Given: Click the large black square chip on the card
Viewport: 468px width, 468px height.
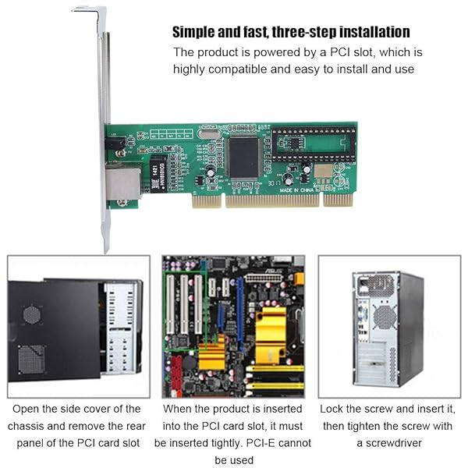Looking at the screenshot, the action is [243, 158].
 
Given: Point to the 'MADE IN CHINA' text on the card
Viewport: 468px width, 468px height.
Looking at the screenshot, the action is [296, 190].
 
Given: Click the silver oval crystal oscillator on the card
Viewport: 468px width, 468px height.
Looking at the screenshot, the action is [209, 134].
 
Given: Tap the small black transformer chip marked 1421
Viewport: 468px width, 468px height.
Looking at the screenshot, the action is [158, 174].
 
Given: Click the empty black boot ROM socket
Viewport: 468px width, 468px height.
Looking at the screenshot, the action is [314, 144].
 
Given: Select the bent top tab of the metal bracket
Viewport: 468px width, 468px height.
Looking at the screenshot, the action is [89, 10].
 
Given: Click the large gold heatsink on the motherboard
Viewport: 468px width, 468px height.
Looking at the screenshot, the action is [271, 335].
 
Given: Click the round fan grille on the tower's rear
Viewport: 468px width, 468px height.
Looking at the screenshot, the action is [385, 317].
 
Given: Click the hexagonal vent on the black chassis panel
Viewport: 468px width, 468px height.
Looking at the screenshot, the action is [31, 315].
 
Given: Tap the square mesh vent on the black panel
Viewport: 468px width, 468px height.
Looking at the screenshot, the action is [31, 360].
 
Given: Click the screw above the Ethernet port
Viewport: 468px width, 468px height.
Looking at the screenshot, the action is [121, 153].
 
